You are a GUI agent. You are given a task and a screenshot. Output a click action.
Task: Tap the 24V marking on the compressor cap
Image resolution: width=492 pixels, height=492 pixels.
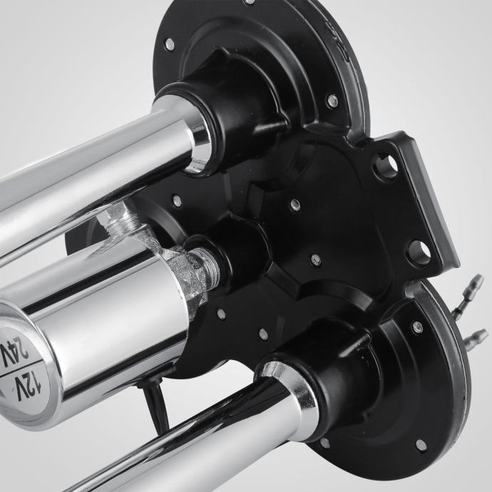pos(14,352)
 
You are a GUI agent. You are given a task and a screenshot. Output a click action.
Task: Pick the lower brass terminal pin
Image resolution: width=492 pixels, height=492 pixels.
pos(476,337)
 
